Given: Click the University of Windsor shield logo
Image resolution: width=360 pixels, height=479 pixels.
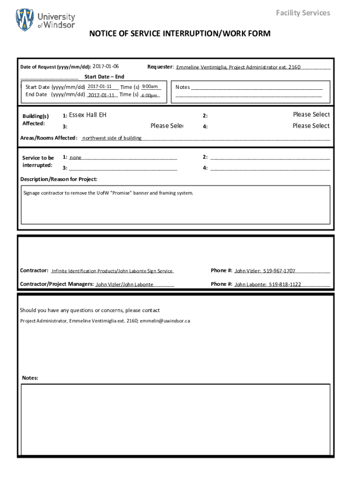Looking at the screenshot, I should (25, 20).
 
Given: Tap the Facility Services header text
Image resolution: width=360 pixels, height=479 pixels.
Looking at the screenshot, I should (302, 13).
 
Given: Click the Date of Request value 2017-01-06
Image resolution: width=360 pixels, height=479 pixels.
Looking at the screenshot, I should (106, 66).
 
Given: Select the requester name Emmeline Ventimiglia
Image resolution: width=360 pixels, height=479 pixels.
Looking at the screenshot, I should (202, 67).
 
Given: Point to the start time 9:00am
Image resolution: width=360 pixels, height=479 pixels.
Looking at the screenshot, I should (150, 87).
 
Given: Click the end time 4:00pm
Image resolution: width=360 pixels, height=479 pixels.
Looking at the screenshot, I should (149, 95).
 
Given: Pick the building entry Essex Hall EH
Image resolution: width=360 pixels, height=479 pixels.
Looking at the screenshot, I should (88, 115).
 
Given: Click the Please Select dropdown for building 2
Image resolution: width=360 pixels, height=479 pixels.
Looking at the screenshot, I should (311, 115).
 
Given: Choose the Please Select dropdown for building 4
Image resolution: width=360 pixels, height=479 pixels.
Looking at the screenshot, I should (311, 126).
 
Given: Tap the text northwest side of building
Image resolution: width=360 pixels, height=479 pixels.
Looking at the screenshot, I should (112, 138).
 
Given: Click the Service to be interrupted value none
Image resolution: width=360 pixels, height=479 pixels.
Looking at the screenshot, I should (76, 158).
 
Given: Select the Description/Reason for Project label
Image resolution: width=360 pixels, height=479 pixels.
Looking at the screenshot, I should (59, 179).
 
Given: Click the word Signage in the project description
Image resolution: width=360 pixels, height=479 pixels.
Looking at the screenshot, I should (33, 193).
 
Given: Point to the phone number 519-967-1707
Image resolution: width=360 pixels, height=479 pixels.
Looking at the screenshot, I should (279, 271).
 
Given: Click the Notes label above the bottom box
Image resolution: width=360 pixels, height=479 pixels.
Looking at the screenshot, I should (30, 378).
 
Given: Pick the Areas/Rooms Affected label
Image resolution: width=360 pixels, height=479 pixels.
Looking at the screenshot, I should (49, 138).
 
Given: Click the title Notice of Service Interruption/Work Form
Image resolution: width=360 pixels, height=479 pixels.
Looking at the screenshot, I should (180, 34).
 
